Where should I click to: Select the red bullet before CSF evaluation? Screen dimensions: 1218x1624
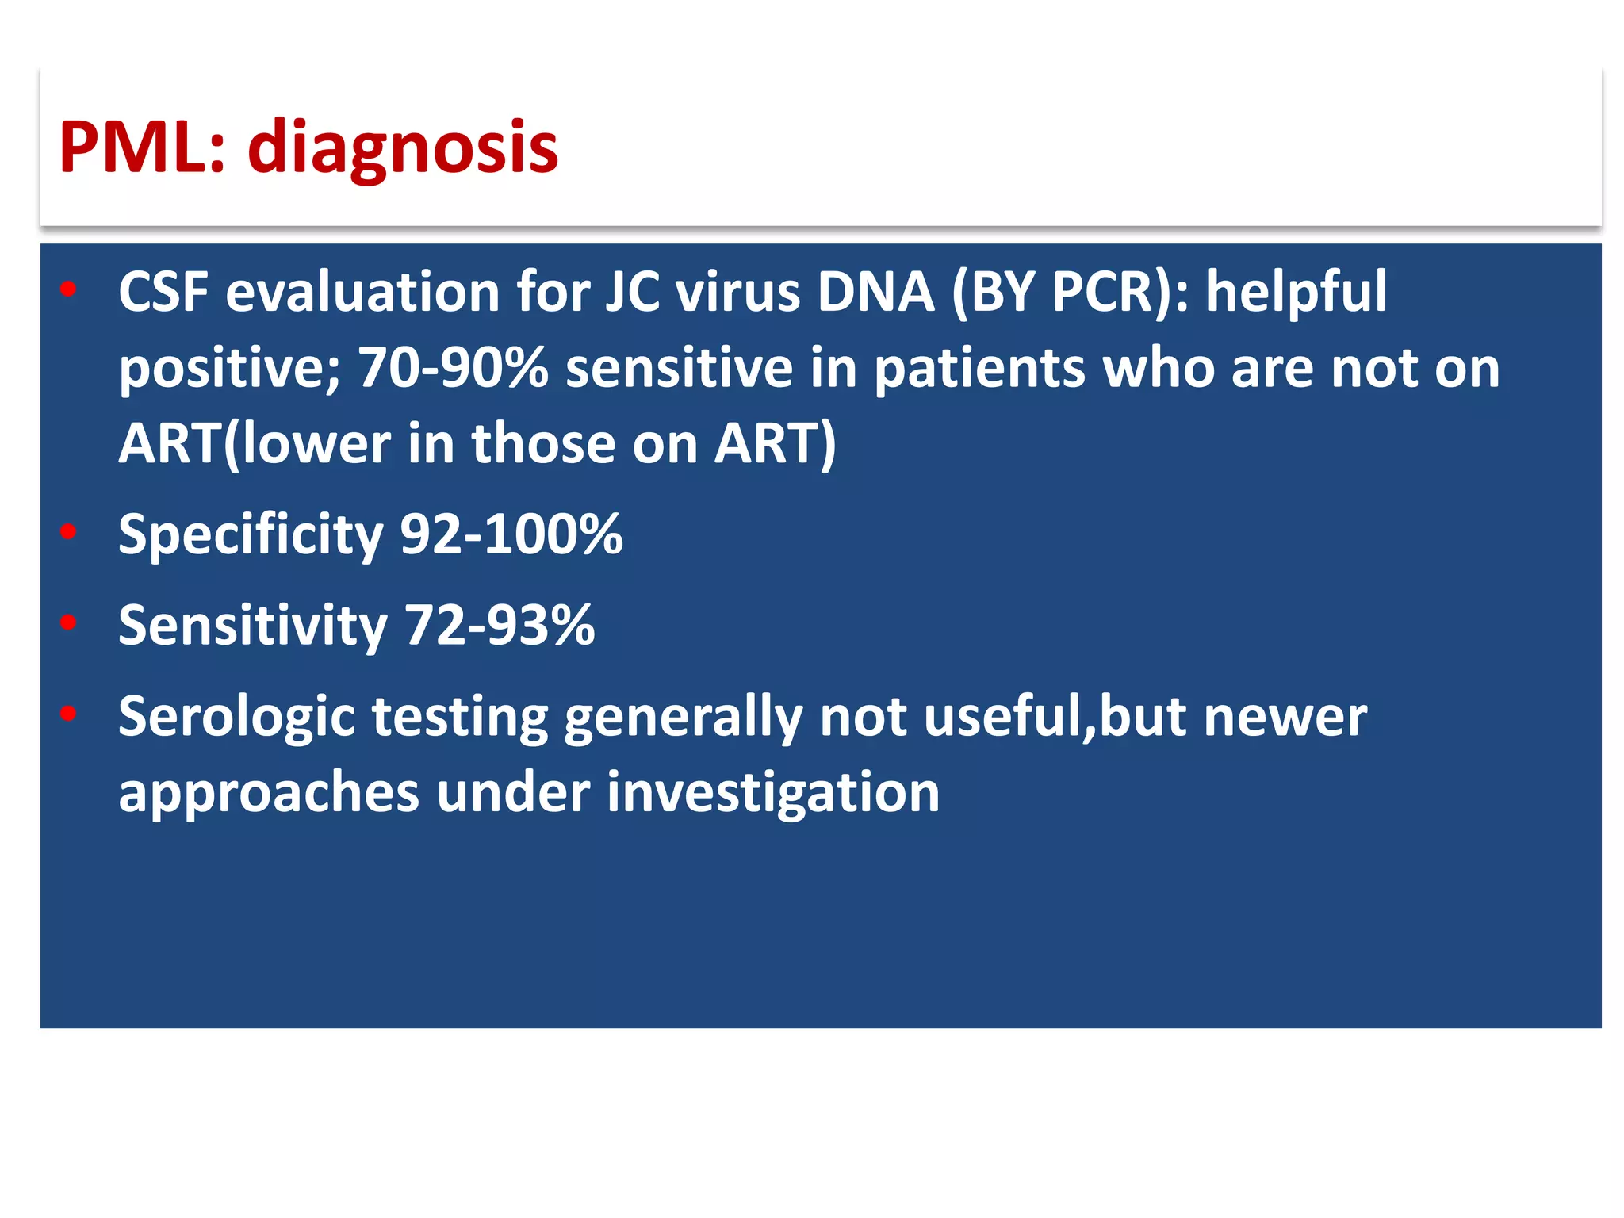[68, 289]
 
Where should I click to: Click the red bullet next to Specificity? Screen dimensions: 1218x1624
[68, 531]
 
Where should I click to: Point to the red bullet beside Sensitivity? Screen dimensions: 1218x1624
[68, 622]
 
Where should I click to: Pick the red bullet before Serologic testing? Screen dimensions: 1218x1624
[68, 714]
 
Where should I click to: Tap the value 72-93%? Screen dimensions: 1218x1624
[500, 625]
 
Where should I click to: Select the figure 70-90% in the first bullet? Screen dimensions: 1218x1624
[453, 368]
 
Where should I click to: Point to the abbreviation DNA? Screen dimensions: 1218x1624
[875, 292]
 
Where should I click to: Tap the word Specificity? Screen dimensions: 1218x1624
[251, 535]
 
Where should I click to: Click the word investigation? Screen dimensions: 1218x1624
[773, 793]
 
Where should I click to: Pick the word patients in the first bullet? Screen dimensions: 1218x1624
[979, 370]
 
